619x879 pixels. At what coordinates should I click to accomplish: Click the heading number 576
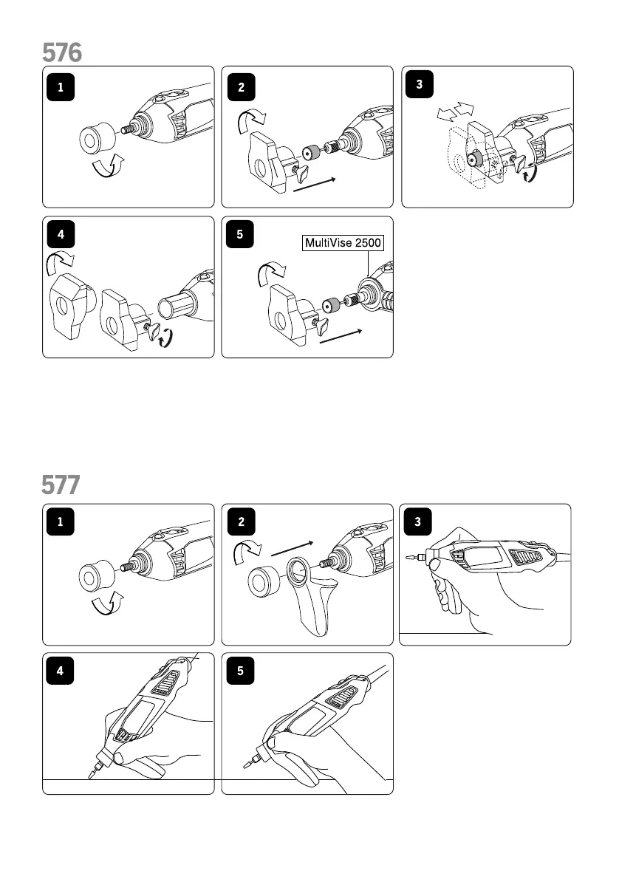[x=62, y=52]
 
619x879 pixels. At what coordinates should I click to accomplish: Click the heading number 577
[x=62, y=485]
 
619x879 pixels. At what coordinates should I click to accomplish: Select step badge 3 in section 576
[x=420, y=84]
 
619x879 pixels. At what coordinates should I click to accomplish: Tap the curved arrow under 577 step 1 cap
[x=108, y=604]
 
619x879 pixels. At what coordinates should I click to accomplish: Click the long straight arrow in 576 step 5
[x=341, y=338]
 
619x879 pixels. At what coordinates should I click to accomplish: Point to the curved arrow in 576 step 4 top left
[x=57, y=262]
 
